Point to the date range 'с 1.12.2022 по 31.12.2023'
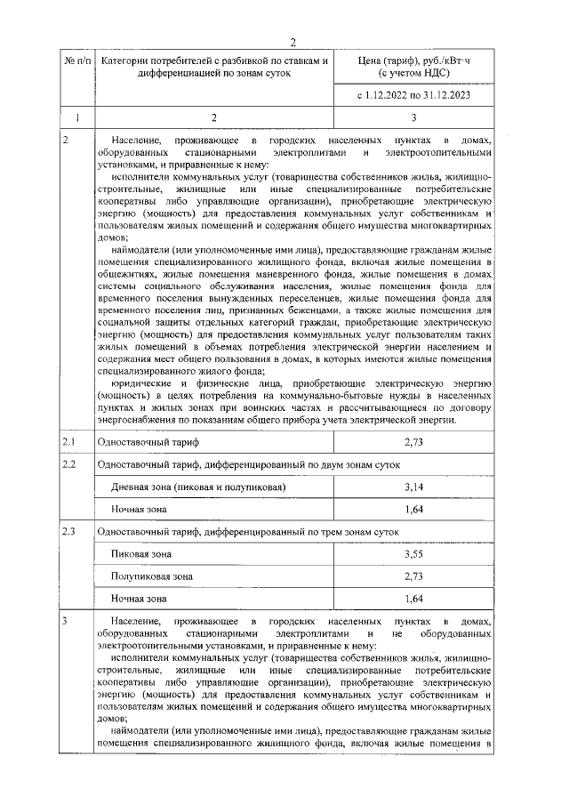click(413, 93)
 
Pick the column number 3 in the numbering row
click(413, 117)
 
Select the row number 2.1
click(69, 441)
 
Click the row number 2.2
click(69, 464)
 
